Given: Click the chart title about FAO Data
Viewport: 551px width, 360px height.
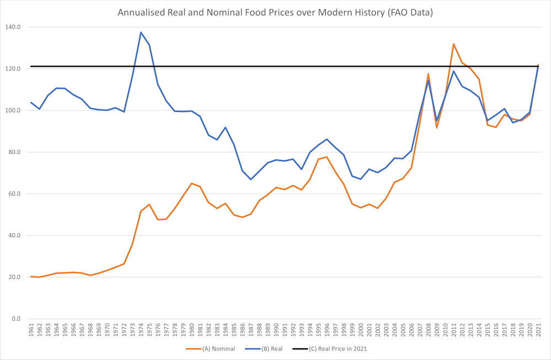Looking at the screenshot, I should pyautogui.click(x=275, y=12).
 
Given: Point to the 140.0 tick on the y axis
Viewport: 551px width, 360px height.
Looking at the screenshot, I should pyautogui.click(x=12, y=27).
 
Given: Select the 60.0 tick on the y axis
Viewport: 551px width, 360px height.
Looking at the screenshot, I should pyautogui.click(x=13, y=194).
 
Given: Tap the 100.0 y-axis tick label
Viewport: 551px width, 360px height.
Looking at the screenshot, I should pyautogui.click(x=12, y=110).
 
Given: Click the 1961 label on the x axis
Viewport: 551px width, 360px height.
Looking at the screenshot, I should pyautogui.click(x=31, y=331).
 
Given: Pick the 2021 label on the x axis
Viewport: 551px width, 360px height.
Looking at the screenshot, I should pyautogui.click(x=538, y=331).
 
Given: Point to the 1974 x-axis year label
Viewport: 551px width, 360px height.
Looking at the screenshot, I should pyautogui.click(x=141, y=331).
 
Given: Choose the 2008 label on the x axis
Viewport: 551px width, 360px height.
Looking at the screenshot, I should pyautogui.click(x=428, y=331).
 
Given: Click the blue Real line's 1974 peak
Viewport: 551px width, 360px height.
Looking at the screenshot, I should pyautogui.click(x=141, y=32).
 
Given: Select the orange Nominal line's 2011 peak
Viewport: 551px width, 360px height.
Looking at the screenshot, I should pyautogui.click(x=453, y=44).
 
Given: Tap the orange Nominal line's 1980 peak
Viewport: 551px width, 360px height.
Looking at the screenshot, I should pyautogui.click(x=191, y=184).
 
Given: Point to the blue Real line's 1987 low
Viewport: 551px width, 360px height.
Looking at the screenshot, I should pyautogui.click(x=251, y=179).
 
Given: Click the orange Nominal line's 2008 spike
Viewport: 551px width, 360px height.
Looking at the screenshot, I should pyautogui.click(x=428, y=74).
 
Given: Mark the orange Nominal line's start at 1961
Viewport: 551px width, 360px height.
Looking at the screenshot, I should pyautogui.click(x=31, y=277).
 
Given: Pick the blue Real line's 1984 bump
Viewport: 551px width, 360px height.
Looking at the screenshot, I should pyautogui.click(x=225, y=127).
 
